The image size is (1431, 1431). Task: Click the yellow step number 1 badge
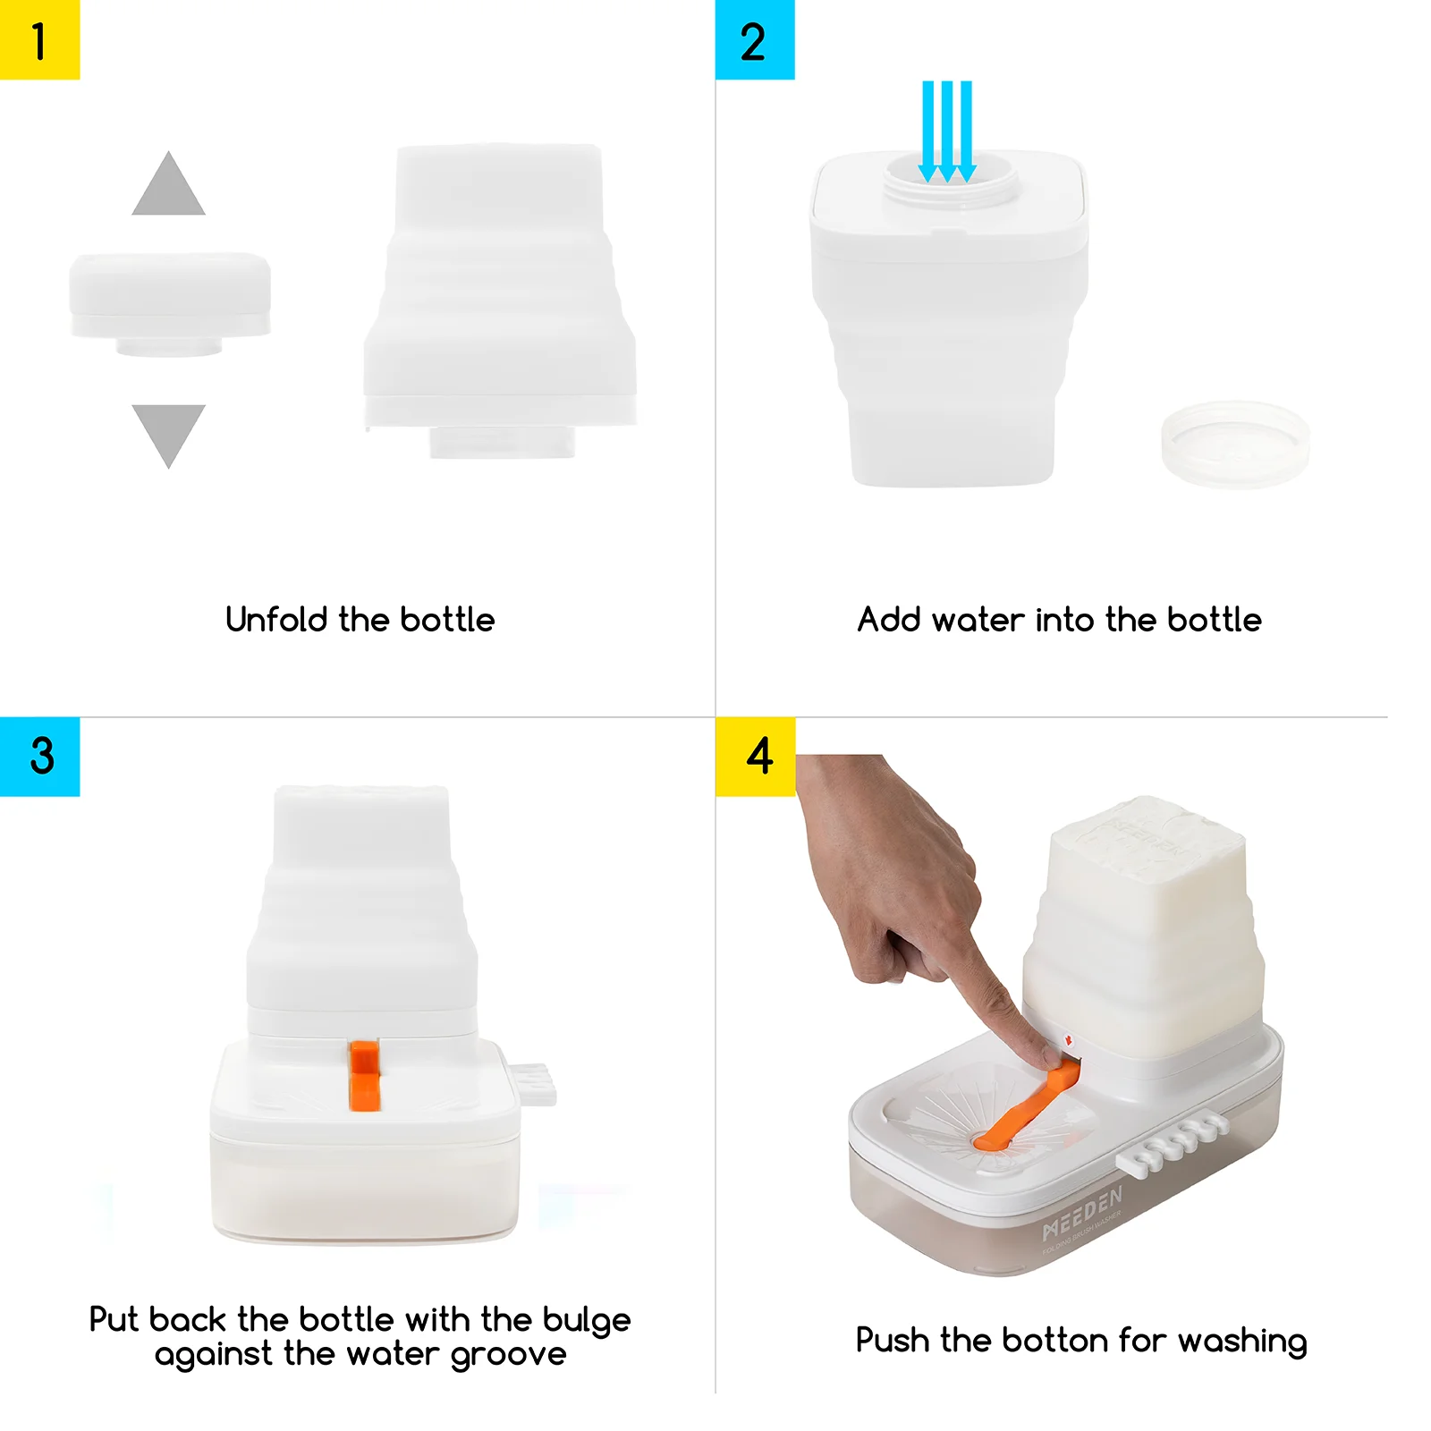click(39, 39)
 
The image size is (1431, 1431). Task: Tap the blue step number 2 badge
click(754, 39)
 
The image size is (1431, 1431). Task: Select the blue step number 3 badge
click(39, 756)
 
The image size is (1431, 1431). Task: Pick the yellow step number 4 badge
click(755, 756)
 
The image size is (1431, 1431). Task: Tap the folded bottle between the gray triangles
click(170, 300)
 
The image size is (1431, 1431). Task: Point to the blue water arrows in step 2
click(946, 130)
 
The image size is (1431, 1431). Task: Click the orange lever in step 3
click(364, 1075)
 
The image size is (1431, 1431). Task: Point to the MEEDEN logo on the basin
click(1082, 1215)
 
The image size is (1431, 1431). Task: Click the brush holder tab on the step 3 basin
click(532, 1082)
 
